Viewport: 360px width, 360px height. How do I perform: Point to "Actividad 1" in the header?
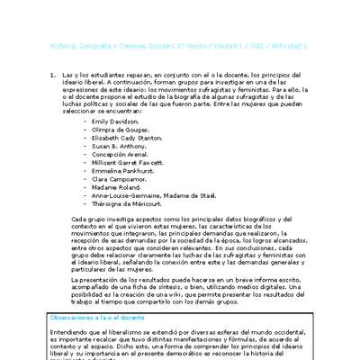[x=292, y=45]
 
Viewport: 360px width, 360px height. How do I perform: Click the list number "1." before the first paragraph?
[x=51, y=74]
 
